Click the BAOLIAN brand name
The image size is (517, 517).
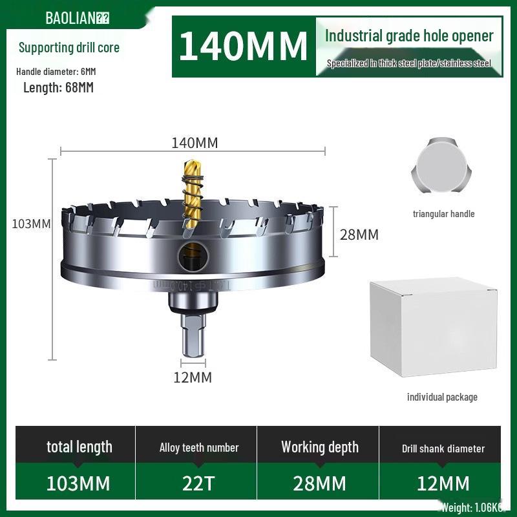[x=71, y=17]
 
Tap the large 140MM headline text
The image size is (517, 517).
[x=243, y=46]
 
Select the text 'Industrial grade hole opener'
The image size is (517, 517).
[x=409, y=36]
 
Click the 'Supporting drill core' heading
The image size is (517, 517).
[x=69, y=47]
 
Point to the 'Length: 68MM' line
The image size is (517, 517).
[x=58, y=87]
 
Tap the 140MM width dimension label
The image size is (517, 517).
[x=195, y=143]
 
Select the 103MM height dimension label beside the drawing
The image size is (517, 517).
[x=31, y=224]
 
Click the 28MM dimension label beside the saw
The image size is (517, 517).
[x=359, y=234]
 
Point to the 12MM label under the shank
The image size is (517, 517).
[x=193, y=377]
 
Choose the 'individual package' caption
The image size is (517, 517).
[x=442, y=397]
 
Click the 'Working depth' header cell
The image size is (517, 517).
[x=319, y=447]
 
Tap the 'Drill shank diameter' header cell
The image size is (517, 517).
[x=443, y=448]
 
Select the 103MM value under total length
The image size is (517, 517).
[x=78, y=483]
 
